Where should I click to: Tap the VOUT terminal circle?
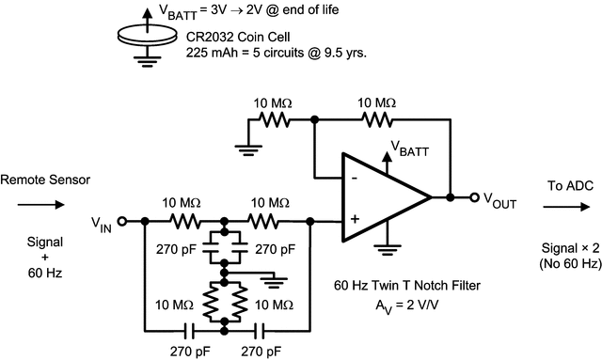(x=474, y=197)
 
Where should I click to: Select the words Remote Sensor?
(x=42, y=178)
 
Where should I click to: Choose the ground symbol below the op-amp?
(x=385, y=250)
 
